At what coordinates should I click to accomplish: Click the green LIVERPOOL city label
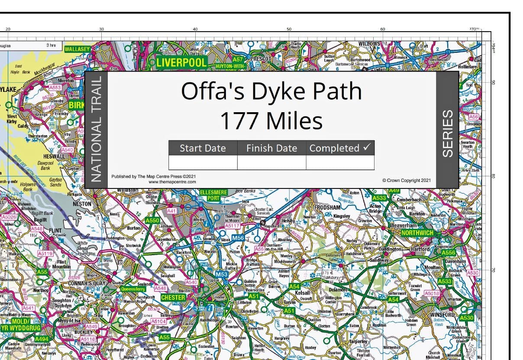[x=181, y=62]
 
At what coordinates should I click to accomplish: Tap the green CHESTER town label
[x=173, y=298]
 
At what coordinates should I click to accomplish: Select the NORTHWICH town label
[x=417, y=233]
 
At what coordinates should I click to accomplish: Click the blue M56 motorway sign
[x=238, y=238]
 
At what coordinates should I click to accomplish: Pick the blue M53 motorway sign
[x=222, y=274]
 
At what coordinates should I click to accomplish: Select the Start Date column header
[x=203, y=148]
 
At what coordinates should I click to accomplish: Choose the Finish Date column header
[x=271, y=148]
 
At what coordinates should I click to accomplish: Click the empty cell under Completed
[x=340, y=162]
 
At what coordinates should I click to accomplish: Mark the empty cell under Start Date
[x=203, y=162]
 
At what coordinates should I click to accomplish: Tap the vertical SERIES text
[x=447, y=133]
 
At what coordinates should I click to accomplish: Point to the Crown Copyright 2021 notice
[x=406, y=180]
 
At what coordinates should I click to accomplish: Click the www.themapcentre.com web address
[x=172, y=182]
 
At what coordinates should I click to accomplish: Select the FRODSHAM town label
[x=328, y=208]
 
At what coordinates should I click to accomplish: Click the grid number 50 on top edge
[x=289, y=29]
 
